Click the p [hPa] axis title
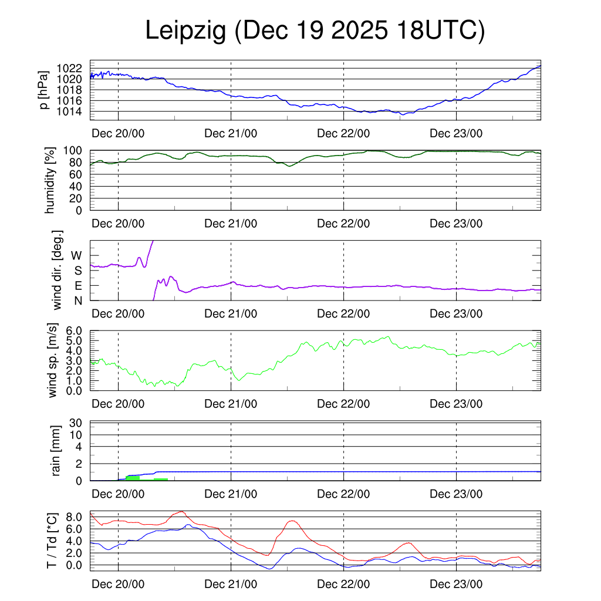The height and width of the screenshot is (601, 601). click(44, 90)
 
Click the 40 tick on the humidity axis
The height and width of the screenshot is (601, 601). click(80, 186)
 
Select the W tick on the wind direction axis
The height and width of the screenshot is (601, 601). click(76, 255)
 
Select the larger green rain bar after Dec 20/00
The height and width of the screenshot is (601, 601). click(133, 478)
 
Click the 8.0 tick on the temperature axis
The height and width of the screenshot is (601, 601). click(76, 517)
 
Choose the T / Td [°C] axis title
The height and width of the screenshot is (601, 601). click(52, 541)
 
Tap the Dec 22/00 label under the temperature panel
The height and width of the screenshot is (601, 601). click(343, 585)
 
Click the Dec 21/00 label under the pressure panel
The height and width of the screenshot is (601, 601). click(231, 133)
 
